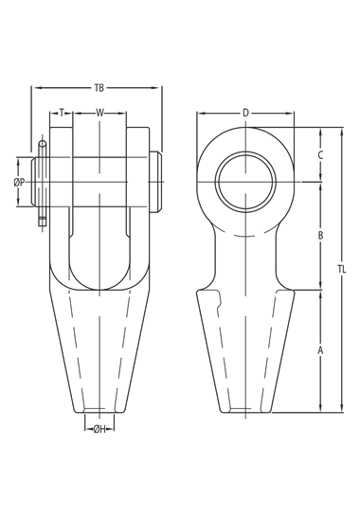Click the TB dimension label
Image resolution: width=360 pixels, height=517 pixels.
pos(99,88)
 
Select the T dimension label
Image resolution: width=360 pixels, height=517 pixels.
pos(62,113)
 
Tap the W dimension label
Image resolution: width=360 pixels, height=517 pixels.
pos(99,113)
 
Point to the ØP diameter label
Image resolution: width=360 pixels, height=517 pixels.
pos(19,182)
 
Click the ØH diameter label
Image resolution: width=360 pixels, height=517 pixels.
pos(99,429)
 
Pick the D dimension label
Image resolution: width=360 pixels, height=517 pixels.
pos(245,113)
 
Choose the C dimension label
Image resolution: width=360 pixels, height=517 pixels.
pos(320,155)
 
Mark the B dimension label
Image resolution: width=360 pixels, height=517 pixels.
pos(320,236)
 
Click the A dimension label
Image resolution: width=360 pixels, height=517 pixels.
pos(320,350)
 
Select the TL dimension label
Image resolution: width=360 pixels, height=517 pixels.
pos(341,269)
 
